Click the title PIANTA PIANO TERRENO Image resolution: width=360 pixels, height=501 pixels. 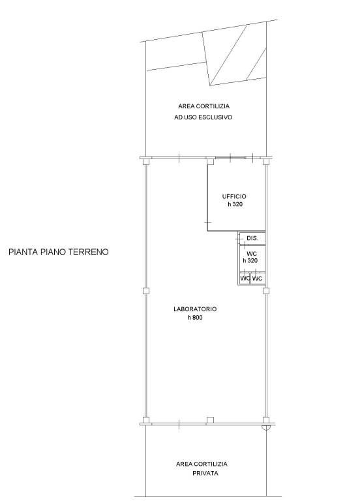click(x=59, y=252)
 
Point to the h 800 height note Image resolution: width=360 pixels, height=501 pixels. click(x=195, y=318)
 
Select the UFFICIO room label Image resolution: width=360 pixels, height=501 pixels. click(x=234, y=196)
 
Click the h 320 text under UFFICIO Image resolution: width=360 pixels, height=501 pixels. click(x=235, y=204)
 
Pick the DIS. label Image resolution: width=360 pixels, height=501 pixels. click(x=252, y=238)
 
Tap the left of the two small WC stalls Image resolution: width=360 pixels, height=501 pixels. click(x=245, y=279)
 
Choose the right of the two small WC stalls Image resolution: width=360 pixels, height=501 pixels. click(x=257, y=279)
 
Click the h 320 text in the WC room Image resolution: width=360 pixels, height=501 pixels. click(x=250, y=261)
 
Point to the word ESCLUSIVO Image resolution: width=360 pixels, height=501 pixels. click(x=215, y=117)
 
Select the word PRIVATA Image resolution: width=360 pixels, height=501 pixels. click(x=205, y=473)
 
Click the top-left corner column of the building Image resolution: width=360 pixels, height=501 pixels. click(x=145, y=161)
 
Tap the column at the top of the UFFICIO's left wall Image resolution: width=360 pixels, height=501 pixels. click(x=210, y=161)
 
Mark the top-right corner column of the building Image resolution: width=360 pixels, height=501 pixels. click(x=266, y=161)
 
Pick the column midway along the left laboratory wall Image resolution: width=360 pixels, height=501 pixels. click(x=145, y=291)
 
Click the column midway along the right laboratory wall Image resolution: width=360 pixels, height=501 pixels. click(x=266, y=291)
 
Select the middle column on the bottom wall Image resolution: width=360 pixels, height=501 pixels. click(x=210, y=420)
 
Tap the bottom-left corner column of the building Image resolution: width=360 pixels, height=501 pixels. click(x=145, y=420)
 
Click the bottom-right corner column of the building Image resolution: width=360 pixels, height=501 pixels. click(x=266, y=420)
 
